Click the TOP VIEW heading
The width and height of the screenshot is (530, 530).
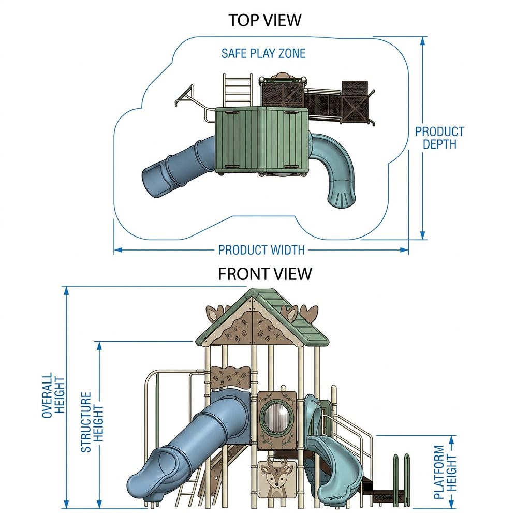tap(264, 20)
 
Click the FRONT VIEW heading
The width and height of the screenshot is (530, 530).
tap(265, 274)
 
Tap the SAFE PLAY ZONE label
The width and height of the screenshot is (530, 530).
tap(263, 53)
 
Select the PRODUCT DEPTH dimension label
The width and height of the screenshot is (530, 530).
tap(439, 138)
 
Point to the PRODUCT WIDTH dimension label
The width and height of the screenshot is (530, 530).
tap(261, 250)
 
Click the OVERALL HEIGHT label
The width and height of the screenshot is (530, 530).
tap(53, 395)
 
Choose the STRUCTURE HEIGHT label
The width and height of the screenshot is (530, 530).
tap(92, 422)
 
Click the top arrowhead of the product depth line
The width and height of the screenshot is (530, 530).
tap(422, 41)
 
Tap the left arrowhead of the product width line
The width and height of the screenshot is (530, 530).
tap(119, 250)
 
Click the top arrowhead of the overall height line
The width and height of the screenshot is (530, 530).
tap(67, 291)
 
